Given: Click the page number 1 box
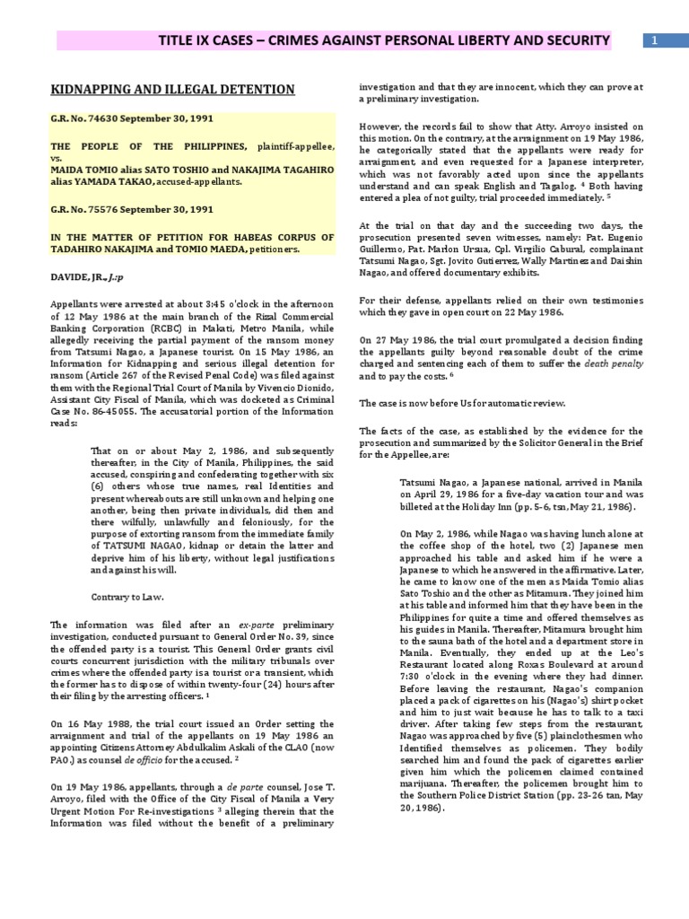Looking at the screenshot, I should point(654,41).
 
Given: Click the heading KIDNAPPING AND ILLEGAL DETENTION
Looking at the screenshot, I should point(171,89).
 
